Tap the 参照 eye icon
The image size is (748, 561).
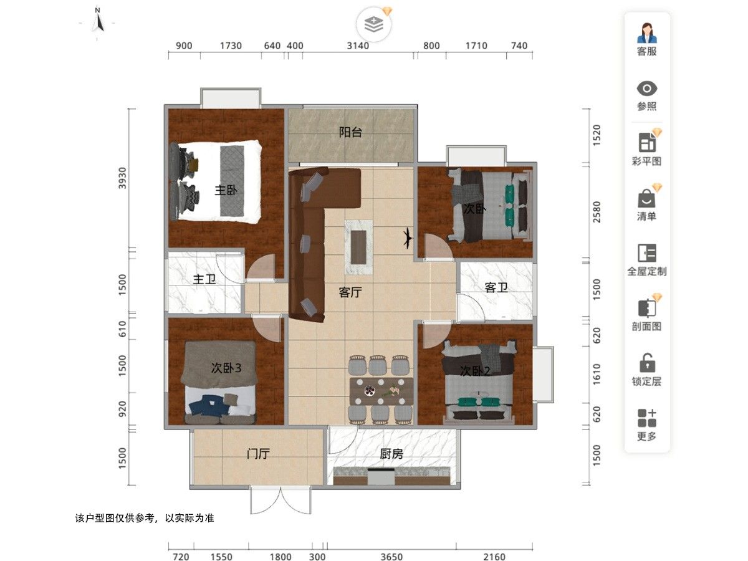[x=646, y=89]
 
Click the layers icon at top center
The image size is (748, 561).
[x=373, y=25]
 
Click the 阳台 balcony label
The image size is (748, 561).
[x=350, y=132]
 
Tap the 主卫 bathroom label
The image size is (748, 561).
[x=204, y=279]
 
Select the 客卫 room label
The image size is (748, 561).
[x=496, y=287]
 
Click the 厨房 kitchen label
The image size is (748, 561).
[x=391, y=454]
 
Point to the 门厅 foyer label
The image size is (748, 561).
[x=258, y=454]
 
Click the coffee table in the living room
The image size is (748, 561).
[x=358, y=247]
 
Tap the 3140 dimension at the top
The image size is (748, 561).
[x=358, y=46]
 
